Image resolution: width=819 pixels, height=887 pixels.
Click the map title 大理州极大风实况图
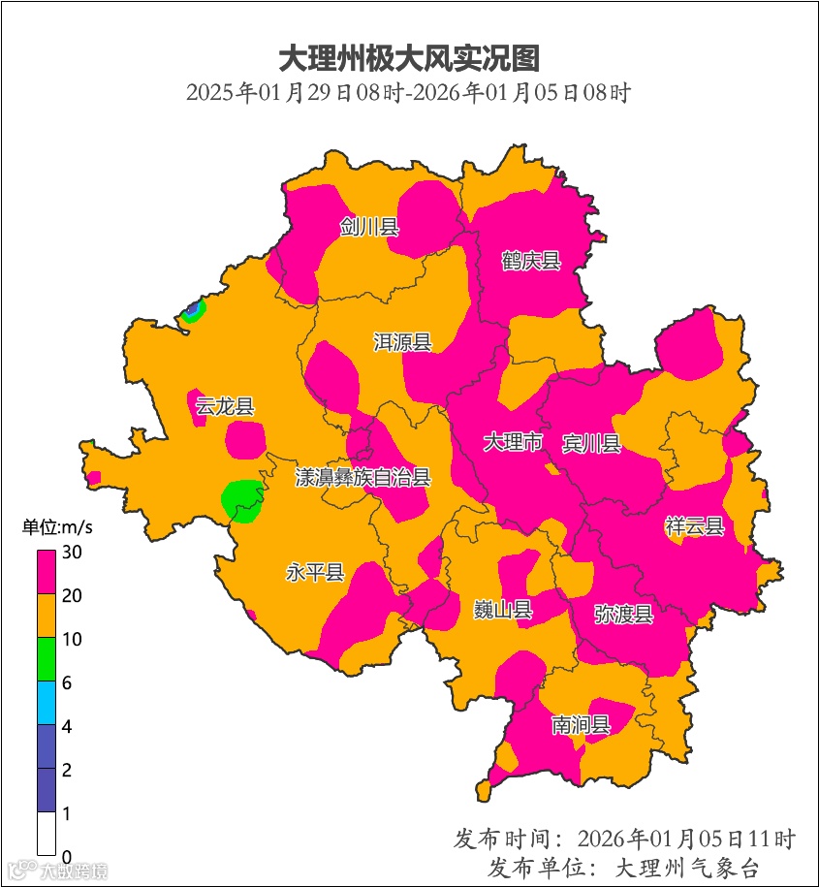409,58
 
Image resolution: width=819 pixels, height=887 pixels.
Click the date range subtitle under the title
409,94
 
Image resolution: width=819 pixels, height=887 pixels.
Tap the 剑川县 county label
369,228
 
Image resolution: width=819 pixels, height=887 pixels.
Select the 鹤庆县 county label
531,261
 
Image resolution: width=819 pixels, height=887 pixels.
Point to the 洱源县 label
403,342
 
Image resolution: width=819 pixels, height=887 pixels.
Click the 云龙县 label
225,406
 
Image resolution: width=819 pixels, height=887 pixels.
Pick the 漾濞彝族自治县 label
363,477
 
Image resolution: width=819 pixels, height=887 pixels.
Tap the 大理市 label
514,443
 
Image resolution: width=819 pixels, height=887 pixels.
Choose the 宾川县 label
591,444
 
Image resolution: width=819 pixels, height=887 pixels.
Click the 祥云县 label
695,526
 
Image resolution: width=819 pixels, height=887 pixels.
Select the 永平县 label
315,572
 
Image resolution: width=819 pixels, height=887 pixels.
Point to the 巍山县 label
503,610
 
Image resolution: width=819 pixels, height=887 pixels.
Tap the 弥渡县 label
624,614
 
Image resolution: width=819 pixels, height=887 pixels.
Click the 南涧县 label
582,724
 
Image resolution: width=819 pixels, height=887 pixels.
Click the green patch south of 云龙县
241,500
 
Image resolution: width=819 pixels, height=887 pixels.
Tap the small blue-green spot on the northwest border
193,311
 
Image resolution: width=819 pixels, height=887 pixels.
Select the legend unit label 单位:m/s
58,528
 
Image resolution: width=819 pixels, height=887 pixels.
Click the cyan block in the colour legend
47,704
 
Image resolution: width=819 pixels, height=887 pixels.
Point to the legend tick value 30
72,552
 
